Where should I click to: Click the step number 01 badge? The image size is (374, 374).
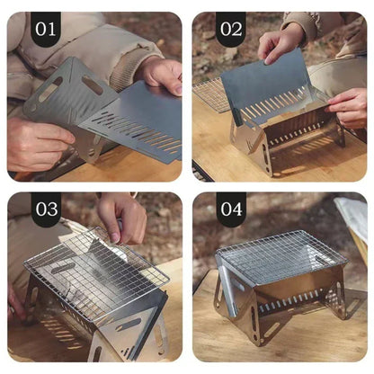pos(46,29)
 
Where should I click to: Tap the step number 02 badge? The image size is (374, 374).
pos(231,29)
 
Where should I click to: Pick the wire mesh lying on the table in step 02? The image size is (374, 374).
pos(210,93)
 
